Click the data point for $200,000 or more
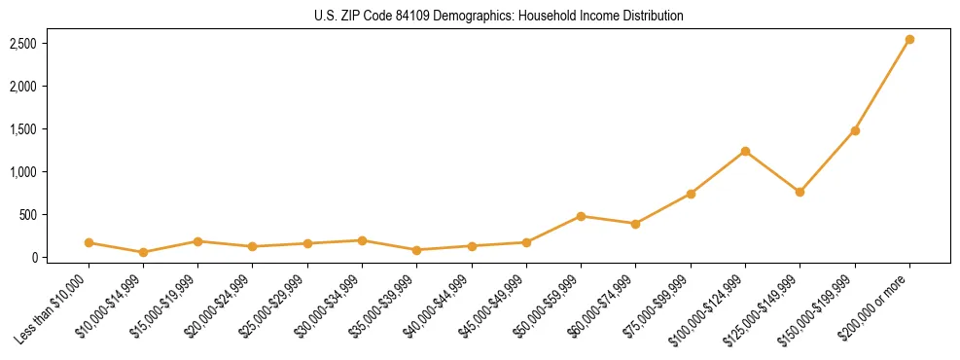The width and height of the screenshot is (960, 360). (x=909, y=40)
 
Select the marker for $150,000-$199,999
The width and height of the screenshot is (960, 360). (x=855, y=130)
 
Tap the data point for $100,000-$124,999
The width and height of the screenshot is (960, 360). (x=745, y=151)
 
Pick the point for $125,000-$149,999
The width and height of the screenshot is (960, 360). (x=800, y=192)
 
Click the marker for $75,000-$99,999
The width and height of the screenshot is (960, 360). (x=691, y=194)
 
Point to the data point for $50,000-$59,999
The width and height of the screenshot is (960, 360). (x=581, y=216)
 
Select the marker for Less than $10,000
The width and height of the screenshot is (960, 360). (x=89, y=242)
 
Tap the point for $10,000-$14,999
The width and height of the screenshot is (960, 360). (x=143, y=252)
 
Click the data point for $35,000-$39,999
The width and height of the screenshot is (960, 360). (x=416, y=250)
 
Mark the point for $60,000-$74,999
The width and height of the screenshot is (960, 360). (x=635, y=224)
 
